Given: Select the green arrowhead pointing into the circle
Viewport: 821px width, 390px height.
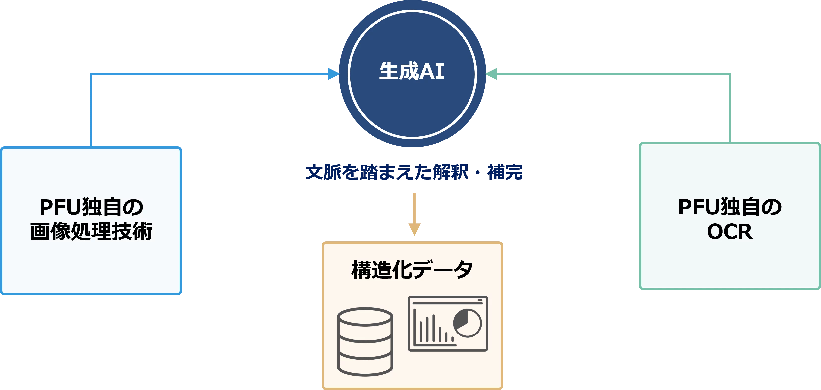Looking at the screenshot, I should (x=491, y=74).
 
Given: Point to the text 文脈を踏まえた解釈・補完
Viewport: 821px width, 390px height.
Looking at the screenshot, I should (x=414, y=172).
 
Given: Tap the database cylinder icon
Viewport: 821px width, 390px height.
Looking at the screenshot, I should (x=365, y=342).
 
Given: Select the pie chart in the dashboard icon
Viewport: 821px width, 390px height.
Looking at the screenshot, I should (x=467, y=323).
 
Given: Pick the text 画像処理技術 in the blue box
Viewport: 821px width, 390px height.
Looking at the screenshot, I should (x=91, y=231).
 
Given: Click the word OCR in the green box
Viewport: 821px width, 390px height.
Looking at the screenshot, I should (x=730, y=232).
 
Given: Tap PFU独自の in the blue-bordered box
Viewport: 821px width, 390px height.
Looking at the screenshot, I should (x=91, y=207).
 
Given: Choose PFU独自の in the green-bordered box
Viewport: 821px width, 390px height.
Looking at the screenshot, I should (x=730, y=207).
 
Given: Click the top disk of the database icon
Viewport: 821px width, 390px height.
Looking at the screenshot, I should (x=365, y=317).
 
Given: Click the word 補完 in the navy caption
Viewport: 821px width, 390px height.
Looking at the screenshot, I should (x=505, y=172).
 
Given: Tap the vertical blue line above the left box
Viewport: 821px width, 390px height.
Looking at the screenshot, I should (x=91, y=111).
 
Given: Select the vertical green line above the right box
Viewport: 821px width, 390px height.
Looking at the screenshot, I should (x=730, y=108).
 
